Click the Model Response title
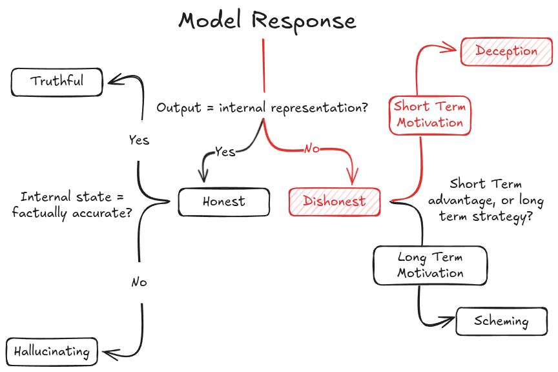point(267,20)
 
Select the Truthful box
point(57,82)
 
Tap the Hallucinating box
point(52,352)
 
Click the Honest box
point(224,202)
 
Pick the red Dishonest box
point(335,202)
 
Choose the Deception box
point(506,52)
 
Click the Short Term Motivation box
point(430,116)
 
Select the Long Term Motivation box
point(430,265)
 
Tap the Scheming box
point(501,322)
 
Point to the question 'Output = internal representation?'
point(262,107)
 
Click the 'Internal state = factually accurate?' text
point(72,205)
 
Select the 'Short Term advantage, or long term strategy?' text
point(486,200)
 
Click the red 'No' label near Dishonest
point(312,149)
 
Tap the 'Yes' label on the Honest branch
point(225,152)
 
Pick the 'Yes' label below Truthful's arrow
point(139,140)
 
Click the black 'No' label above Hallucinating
point(139,282)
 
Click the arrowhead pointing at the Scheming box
point(449,321)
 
